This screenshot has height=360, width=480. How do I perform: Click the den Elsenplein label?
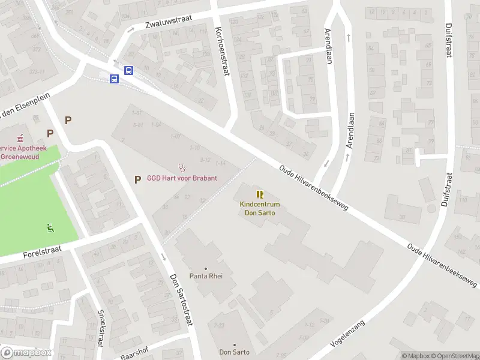coord(21,104)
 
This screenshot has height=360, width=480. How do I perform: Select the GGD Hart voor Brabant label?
coord(182,178)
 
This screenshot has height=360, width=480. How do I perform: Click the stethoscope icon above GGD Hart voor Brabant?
coord(182,168)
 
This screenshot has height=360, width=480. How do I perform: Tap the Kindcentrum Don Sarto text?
coord(259,209)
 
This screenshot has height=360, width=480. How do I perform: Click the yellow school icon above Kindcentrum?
coord(259,194)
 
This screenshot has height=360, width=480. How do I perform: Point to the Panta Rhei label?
coord(206,277)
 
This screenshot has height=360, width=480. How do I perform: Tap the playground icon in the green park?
coord(50,227)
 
